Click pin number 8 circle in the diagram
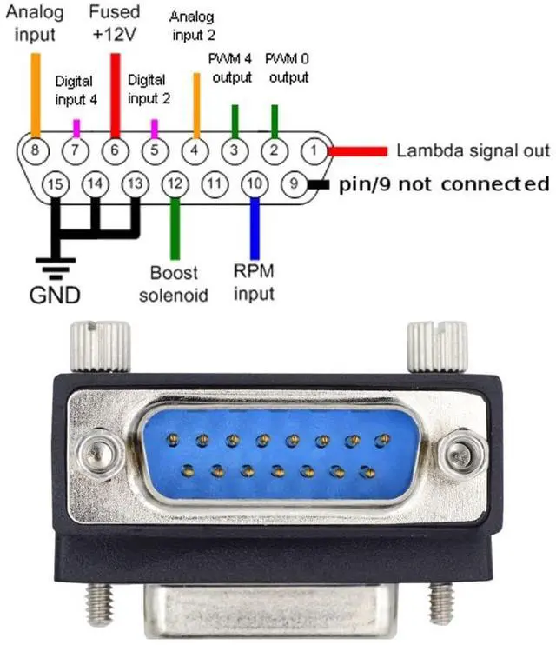point(36,150)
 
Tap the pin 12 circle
point(175,184)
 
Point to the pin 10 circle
point(254,184)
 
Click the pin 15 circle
point(55,184)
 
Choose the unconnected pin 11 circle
point(215,184)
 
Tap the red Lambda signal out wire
point(357,150)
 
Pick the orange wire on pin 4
point(195,105)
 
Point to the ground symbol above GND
point(55,263)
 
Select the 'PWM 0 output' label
point(288,70)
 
